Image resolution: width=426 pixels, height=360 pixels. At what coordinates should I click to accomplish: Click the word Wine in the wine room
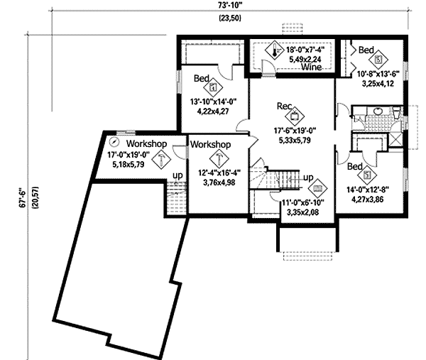click(x=311, y=67)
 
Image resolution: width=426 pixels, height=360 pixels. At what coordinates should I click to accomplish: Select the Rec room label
click(x=285, y=106)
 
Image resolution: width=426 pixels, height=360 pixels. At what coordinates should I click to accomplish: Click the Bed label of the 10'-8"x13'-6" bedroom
click(x=366, y=50)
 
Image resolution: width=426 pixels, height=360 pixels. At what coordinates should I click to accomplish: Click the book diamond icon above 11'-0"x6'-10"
click(x=318, y=189)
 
